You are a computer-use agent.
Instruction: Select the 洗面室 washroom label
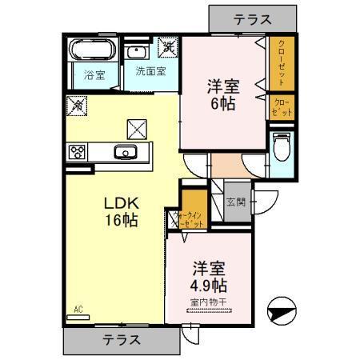(150, 71)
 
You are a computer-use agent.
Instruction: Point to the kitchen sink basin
(124, 153)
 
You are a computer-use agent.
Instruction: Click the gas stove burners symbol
(78, 151)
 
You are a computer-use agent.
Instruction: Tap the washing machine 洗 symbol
(168, 47)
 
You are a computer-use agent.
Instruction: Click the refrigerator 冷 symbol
(78, 104)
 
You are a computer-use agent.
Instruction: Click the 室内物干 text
(210, 302)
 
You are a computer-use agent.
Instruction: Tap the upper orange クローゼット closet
(282, 63)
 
